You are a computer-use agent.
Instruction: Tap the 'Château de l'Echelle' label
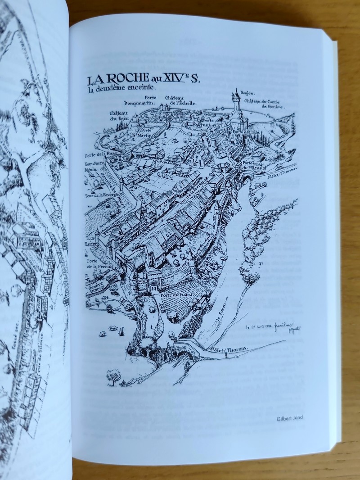pos(180,100)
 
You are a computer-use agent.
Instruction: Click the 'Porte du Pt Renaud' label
pos(252,165)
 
